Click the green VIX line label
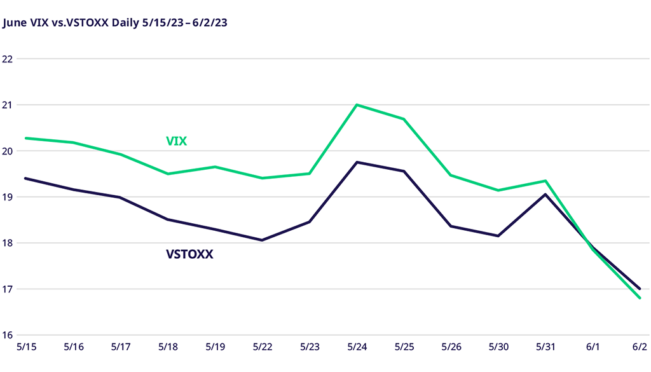click(x=176, y=141)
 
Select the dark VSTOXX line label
click(x=189, y=254)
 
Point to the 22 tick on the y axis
click(x=9, y=59)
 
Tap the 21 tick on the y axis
click(x=9, y=105)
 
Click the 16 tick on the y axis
click(x=9, y=335)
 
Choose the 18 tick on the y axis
click(x=9, y=243)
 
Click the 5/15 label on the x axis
click(x=25, y=348)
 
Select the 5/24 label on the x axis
click(x=357, y=348)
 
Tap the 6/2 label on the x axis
click(x=640, y=348)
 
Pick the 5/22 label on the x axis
click(x=262, y=348)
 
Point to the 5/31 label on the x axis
click(x=545, y=348)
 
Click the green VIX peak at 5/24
click(x=357, y=105)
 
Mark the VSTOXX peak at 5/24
click(x=357, y=162)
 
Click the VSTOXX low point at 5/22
click(x=262, y=240)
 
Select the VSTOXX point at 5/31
click(x=545, y=194)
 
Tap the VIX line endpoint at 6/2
click(x=640, y=298)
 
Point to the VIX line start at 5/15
click(x=25, y=138)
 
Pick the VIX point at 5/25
click(x=404, y=119)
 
